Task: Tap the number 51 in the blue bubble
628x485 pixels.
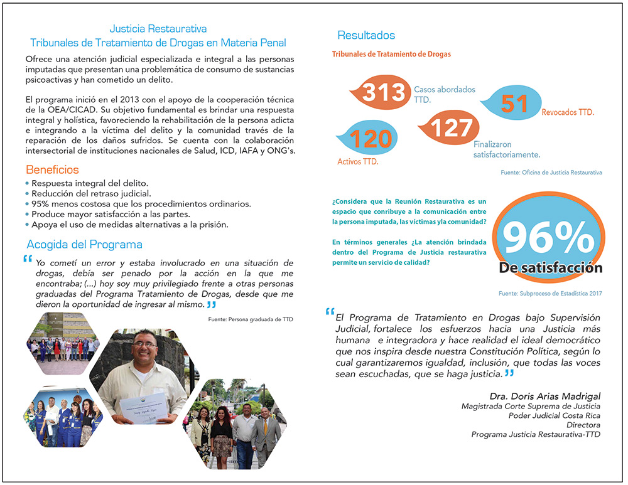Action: point(514,104)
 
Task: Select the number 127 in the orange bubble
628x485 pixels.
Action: point(451,127)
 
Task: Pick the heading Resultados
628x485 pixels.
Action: point(366,35)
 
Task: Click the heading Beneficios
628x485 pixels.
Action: point(52,169)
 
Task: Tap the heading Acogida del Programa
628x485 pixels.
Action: point(84,244)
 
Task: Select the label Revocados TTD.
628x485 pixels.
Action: point(567,112)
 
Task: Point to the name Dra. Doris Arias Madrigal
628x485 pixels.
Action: point(545,396)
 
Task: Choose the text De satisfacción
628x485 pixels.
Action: point(550,269)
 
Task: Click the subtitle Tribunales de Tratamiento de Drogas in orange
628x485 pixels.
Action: point(391,54)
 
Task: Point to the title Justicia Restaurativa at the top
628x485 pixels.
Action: point(158,29)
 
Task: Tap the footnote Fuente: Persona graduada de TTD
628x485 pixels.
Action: point(251,319)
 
